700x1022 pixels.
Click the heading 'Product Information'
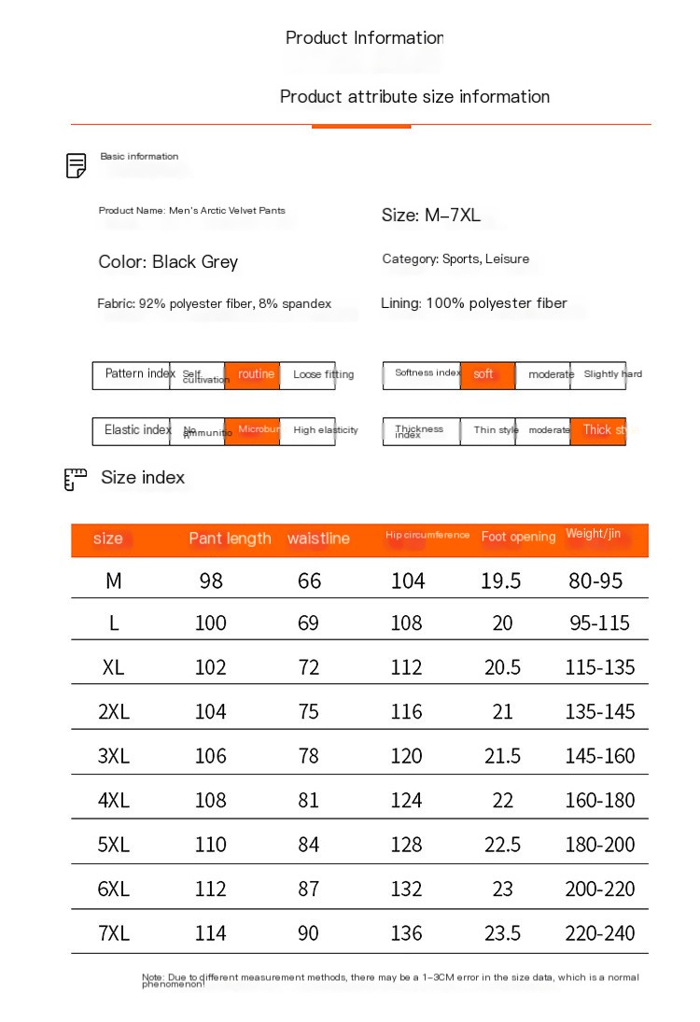tap(364, 38)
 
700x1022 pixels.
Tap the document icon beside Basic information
tap(77, 166)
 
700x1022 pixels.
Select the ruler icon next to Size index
tap(76, 479)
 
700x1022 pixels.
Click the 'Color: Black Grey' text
tap(168, 262)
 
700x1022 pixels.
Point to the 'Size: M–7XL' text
tap(431, 216)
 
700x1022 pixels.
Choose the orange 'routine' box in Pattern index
tap(252, 375)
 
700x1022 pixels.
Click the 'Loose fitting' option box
tap(308, 375)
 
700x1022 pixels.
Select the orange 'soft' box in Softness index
tap(487, 375)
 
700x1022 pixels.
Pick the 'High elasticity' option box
tap(308, 431)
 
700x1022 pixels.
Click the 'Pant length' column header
tap(230, 539)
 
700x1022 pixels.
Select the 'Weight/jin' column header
tap(593, 535)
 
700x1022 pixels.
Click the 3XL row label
tap(114, 756)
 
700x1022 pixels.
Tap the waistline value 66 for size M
tap(309, 581)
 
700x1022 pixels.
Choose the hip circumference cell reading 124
tap(407, 801)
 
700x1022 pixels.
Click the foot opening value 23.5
tap(502, 933)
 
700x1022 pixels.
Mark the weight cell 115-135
tap(599, 667)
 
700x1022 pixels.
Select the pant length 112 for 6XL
tap(211, 889)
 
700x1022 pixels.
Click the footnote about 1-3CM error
tap(390, 980)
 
